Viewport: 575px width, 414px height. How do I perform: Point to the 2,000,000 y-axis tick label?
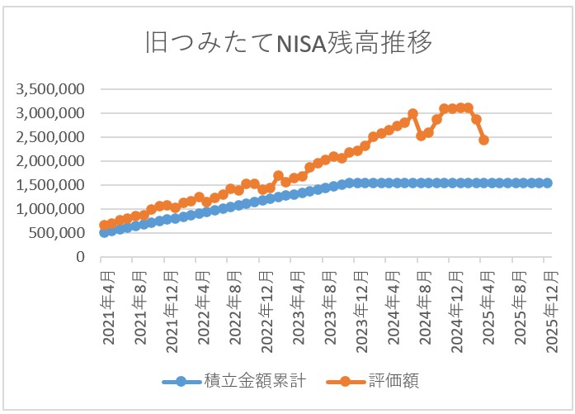[x=52, y=161]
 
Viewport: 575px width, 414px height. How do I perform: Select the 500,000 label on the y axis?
[x=58, y=233]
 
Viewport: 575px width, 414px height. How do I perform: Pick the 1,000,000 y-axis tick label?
[x=52, y=209]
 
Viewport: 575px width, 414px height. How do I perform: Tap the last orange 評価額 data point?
[x=483, y=140]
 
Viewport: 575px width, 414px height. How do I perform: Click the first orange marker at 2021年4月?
[x=104, y=225]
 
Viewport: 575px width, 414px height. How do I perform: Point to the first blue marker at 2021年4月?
[x=104, y=232]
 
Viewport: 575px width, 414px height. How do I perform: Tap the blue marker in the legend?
[x=185, y=381]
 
